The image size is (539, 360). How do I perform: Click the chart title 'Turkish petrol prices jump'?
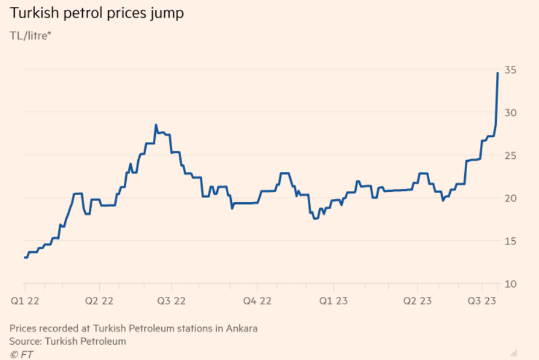(x=96, y=13)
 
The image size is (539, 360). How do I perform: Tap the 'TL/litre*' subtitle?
(x=31, y=36)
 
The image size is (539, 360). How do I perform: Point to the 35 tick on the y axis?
(x=510, y=70)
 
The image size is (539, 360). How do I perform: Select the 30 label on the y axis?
(x=510, y=113)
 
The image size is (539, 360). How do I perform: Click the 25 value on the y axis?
(x=510, y=155)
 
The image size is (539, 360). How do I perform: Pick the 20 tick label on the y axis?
(x=510, y=198)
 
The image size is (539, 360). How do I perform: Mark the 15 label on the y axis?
(x=510, y=241)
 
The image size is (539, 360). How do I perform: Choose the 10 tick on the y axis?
(x=510, y=284)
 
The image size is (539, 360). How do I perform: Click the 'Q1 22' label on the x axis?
(x=25, y=301)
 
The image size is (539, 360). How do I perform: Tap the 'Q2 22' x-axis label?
(x=99, y=301)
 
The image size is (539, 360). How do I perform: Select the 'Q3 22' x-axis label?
(x=171, y=301)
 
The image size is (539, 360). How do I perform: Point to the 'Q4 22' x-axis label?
(x=258, y=301)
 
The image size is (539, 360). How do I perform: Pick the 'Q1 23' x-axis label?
(x=333, y=301)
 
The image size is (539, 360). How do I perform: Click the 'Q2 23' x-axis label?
(x=418, y=301)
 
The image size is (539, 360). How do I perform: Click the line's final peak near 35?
(x=497, y=73)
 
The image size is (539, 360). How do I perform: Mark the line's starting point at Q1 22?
(x=25, y=257)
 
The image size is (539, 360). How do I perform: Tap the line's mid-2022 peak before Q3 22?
(x=156, y=125)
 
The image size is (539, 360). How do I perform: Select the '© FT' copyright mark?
(x=22, y=353)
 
